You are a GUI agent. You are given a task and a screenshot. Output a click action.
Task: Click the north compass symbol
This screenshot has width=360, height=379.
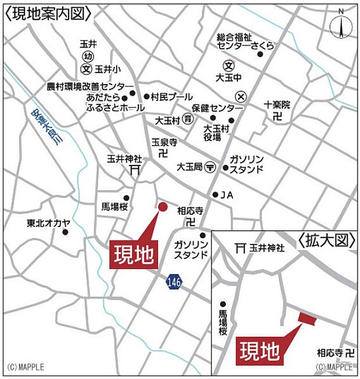pyautogui.click(x=340, y=26)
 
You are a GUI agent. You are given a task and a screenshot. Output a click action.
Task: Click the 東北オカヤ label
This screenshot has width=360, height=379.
pyautogui.click(x=48, y=222)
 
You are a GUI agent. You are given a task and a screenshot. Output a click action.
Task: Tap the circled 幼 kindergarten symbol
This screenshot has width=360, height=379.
pyautogui.click(x=88, y=56)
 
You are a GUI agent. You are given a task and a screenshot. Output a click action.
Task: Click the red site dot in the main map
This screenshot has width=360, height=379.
pyautogui.click(x=163, y=206)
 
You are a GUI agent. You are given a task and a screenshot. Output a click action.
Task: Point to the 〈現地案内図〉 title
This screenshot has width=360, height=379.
pyautogui.click(x=48, y=13)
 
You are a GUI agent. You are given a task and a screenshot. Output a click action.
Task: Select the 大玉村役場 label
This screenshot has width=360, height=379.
pyautogui.click(x=213, y=132)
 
